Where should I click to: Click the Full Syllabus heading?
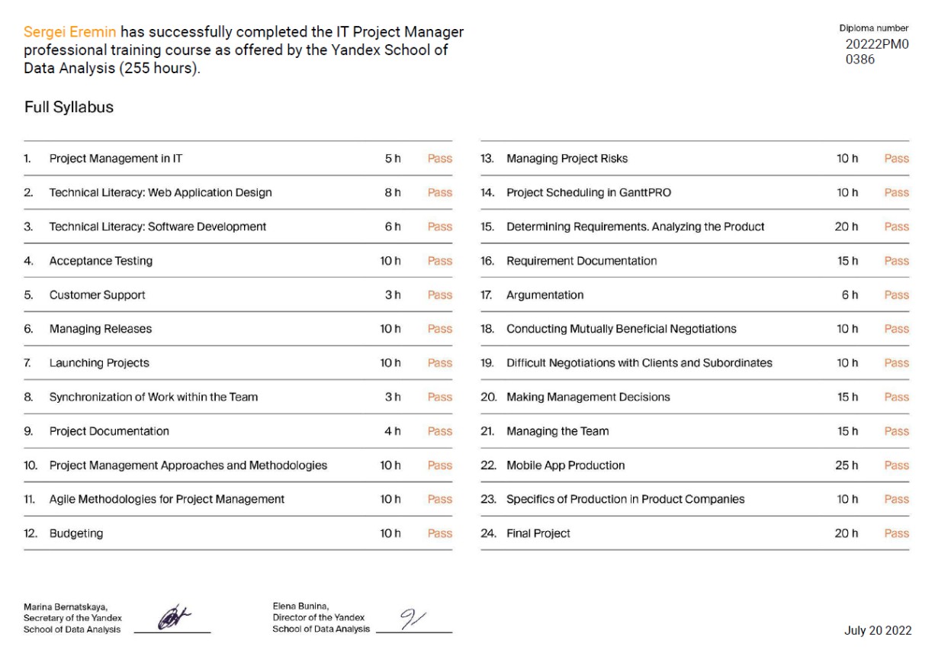tap(69, 108)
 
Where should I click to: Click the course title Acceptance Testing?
tap(101, 261)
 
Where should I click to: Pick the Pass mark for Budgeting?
tap(440, 534)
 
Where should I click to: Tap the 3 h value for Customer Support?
tap(393, 295)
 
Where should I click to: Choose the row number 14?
tap(488, 193)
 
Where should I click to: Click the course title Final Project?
tap(538, 534)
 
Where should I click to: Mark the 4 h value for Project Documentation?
tap(393, 431)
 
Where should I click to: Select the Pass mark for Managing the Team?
tap(896, 431)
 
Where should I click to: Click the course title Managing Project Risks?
tap(567, 159)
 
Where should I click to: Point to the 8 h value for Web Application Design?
tap(393, 193)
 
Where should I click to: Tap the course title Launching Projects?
tap(99, 363)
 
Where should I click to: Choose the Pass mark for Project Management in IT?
tap(440, 159)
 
